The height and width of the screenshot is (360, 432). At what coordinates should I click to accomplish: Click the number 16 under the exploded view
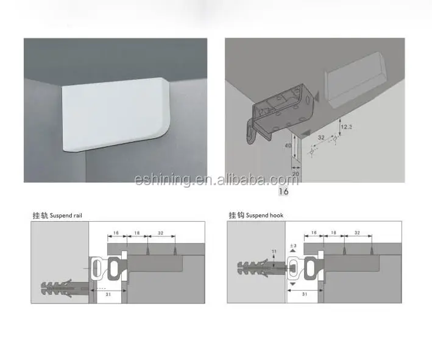pos(283,191)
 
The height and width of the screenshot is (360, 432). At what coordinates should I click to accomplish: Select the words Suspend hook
pos(265,215)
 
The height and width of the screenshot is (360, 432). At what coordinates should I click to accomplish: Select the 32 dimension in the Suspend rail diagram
pos(161,232)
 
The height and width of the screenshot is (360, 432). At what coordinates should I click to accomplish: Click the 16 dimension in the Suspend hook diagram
pos(313,232)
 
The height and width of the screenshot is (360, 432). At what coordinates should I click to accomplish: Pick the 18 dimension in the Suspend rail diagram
pos(136,232)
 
